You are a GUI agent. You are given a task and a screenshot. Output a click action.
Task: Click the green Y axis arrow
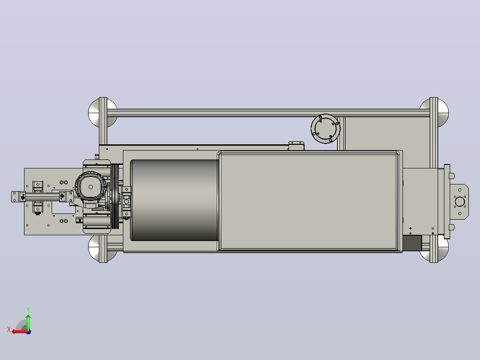[x=28, y=322]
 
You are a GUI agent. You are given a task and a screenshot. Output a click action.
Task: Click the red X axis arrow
[x=20, y=332]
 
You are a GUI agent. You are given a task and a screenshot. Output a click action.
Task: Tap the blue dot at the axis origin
[x=28, y=332]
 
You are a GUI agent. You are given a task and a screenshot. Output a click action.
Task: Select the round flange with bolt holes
[x=325, y=128]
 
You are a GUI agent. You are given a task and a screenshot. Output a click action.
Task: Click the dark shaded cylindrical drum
[x=175, y=200]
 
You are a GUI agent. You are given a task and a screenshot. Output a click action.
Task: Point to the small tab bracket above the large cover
[x=297, y=146]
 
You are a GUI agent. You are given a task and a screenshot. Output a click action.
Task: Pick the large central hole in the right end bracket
[x=460, y=201]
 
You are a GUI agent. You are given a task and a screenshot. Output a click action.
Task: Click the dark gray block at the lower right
[x=412, y=243]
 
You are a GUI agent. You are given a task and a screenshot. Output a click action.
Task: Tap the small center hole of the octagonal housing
[x=91, y=187]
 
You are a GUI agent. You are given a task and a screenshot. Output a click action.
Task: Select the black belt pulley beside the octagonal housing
[x=115, y=196]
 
